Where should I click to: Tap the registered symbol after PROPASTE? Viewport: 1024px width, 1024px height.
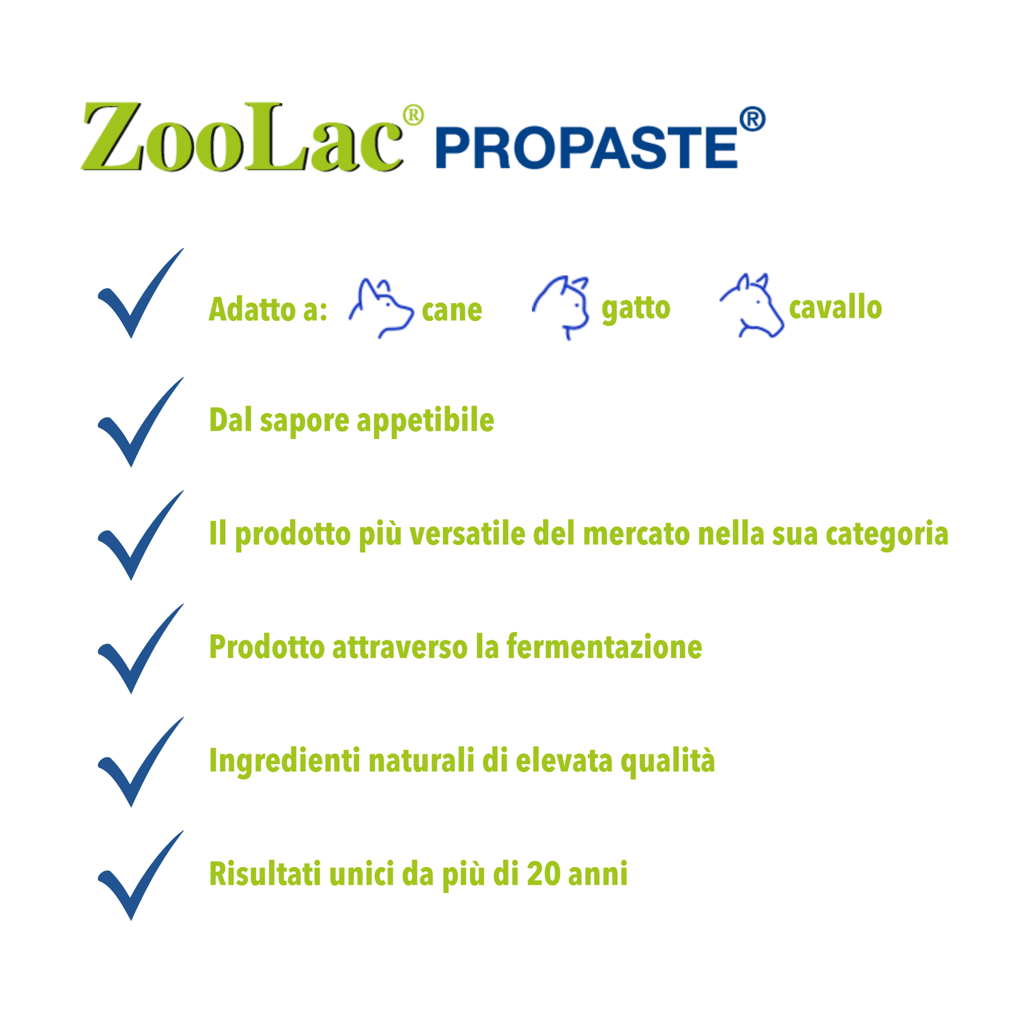pyautogui.click(x=752, y=119)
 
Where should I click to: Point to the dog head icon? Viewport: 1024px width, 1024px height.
pyautogui.click(x=381, y=308)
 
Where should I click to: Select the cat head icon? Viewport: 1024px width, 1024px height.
pyautogui.click(x=561, y=307)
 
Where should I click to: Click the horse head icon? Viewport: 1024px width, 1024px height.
pyautogui.click(x=752, y=305)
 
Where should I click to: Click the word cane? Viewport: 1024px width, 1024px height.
pyautogui.click(x=452, y=311)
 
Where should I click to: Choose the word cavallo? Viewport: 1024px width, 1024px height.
pyautogui.click(x=836, y=307)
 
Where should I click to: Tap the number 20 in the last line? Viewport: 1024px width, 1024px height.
pyautogui.click(x=544, y=874)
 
